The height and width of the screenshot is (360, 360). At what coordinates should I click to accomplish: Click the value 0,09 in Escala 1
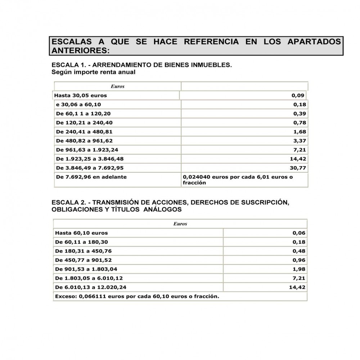[298, 95]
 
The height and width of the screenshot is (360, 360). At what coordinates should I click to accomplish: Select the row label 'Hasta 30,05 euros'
[80, 95]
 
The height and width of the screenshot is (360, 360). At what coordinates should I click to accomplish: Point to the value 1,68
[300, 132]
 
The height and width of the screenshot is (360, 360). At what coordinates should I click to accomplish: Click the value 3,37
[300, 141]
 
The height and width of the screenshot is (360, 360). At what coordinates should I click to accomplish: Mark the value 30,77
[298, 168]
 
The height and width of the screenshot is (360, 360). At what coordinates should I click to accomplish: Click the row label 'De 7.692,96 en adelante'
[91, 177]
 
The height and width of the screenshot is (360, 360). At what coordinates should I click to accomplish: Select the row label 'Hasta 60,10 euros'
[81, 233]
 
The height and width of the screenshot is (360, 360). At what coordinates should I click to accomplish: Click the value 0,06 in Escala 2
[300, 233]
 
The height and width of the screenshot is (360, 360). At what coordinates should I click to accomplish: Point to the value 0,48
[300, 251]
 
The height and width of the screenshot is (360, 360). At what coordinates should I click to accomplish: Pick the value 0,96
[300, 260]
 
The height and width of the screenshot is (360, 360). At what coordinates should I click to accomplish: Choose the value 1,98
[300, 269]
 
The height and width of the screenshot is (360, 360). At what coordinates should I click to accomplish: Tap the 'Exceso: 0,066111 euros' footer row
[137, 296]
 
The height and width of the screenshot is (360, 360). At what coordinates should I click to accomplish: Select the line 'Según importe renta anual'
[94, 72]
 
